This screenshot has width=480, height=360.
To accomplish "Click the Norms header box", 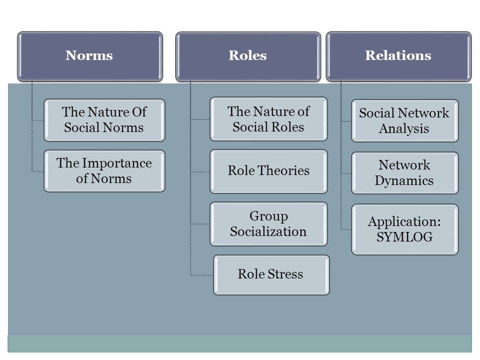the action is tap(90, 56).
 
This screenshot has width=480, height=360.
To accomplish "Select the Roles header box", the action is tap(248, 56).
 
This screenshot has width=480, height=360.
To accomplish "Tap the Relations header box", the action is tap(398, 56).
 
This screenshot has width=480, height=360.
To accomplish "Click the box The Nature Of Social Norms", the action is tap(104, 120).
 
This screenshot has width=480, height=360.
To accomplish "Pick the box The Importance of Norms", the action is tap(104, 171).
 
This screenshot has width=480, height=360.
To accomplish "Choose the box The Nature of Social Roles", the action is tap(268, 119).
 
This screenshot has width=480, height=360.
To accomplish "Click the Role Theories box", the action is tap(268, 171).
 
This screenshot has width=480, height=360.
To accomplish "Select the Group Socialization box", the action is tap(268, 224).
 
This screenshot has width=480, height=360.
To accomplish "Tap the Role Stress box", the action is tap(271, 275).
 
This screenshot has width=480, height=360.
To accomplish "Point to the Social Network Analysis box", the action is tap(404, 120).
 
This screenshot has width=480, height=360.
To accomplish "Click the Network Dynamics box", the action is tap(404, 173).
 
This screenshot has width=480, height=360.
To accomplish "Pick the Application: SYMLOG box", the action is tap(404, 229).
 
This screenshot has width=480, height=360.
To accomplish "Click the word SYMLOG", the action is tap(404, 237).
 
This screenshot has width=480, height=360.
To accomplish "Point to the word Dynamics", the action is tap(404, 181).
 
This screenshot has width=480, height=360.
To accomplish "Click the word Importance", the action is tap(117, 163).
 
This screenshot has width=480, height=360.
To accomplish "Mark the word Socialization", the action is tap(268, 231).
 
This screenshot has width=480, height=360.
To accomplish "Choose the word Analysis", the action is tap(404, 129).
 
